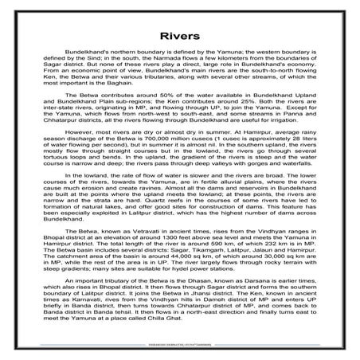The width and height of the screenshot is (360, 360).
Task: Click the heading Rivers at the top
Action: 179,37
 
